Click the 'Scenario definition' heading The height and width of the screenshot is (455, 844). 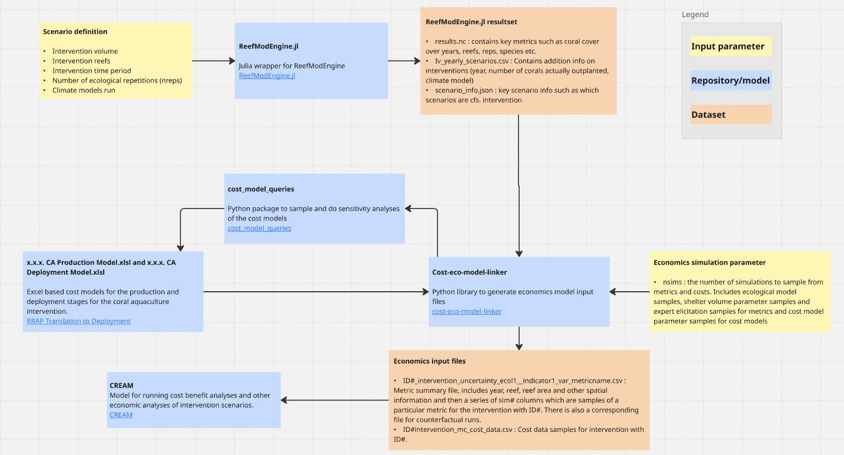[75, 32]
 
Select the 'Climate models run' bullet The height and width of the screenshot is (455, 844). [83, 90]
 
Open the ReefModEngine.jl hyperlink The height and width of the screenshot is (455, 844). [267, 76]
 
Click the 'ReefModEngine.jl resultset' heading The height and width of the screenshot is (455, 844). [471, 22]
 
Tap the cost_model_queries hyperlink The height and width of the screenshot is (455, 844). [259, 228]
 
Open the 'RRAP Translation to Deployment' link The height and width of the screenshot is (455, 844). [78, 321]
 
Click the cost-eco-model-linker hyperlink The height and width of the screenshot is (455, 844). [467, 312]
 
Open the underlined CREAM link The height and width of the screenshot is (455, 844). [121, 415]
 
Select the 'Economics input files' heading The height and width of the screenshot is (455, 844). [429, 361]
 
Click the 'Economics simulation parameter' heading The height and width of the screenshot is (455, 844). [709, 263]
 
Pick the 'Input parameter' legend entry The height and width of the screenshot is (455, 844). [728, 46]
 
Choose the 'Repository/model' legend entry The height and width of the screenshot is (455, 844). [730, 81]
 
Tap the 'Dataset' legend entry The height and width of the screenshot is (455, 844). [708, 115]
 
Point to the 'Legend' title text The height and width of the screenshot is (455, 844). [695, 15]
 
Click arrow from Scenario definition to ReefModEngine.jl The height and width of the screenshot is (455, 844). [213, 61]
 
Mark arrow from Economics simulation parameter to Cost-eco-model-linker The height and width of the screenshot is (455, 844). [629, 292]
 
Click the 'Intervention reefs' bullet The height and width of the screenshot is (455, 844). [81, 61]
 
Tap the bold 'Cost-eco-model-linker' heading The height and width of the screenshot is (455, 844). [469, 272]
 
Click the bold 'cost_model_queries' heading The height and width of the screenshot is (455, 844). [261, 189]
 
